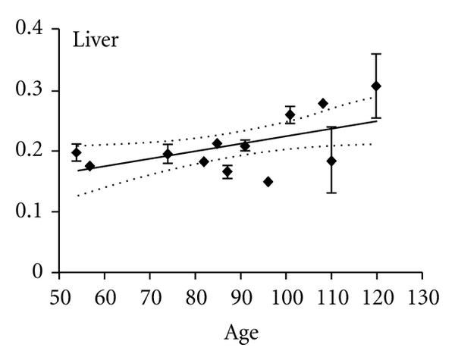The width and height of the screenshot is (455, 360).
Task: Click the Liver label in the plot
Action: (x=95, y=40)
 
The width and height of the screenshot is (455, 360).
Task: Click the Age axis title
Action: (x=242, y=332)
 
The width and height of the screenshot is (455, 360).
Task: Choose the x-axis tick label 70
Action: (x=149, y=293)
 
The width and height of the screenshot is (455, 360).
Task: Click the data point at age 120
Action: (x=376, y=86)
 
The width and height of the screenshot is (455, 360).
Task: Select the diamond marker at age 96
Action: (x=268, y=181)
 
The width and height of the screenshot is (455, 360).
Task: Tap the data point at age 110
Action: (x=331, y=161)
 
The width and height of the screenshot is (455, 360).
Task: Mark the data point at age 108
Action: (x=322, y=103)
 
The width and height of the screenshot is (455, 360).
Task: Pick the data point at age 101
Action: (x=290, y=114)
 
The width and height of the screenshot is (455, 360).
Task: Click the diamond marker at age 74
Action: (x=168, y=154)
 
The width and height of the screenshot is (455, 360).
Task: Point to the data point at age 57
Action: (x=90, y=166)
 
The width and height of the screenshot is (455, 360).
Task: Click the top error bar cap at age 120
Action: (x=376, y=54)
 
